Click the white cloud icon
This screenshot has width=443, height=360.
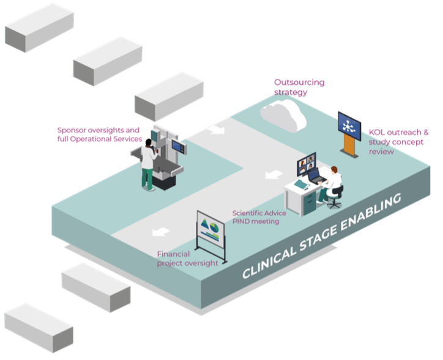point(283,114)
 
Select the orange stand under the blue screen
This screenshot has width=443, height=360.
point(349,147)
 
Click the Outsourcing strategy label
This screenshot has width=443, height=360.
point(299,87)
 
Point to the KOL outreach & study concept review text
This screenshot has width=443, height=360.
point(398,141)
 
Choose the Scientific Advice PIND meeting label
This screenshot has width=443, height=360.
point(255,217)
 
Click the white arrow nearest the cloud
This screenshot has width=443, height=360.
point(216,130)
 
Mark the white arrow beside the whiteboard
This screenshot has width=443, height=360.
point(160,232)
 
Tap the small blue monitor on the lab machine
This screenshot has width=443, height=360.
point(177,145)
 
